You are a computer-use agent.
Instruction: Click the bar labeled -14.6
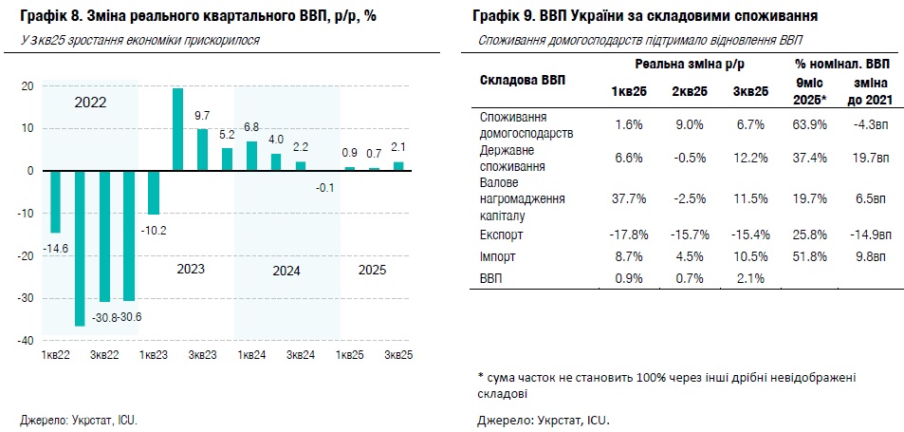[x=56, y=201]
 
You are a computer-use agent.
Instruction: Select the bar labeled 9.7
[x=202, y=149]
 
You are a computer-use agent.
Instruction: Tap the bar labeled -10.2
[x=154, y=193]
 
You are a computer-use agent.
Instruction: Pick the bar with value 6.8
[x=251, y=156]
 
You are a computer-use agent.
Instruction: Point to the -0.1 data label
[x=324, y=188]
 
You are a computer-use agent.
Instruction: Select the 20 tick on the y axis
[x=28, y=86]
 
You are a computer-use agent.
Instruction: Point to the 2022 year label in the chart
[x=91, y=102]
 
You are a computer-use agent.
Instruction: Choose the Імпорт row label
[x=498, y=256]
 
